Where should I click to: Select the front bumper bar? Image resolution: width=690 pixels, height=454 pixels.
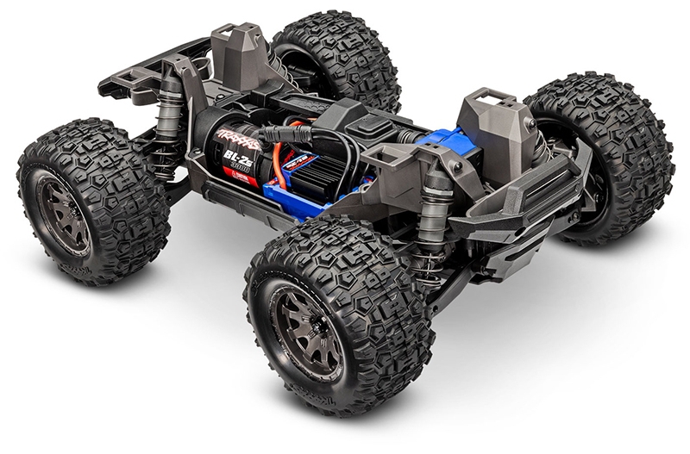click(x=517, y=207)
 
